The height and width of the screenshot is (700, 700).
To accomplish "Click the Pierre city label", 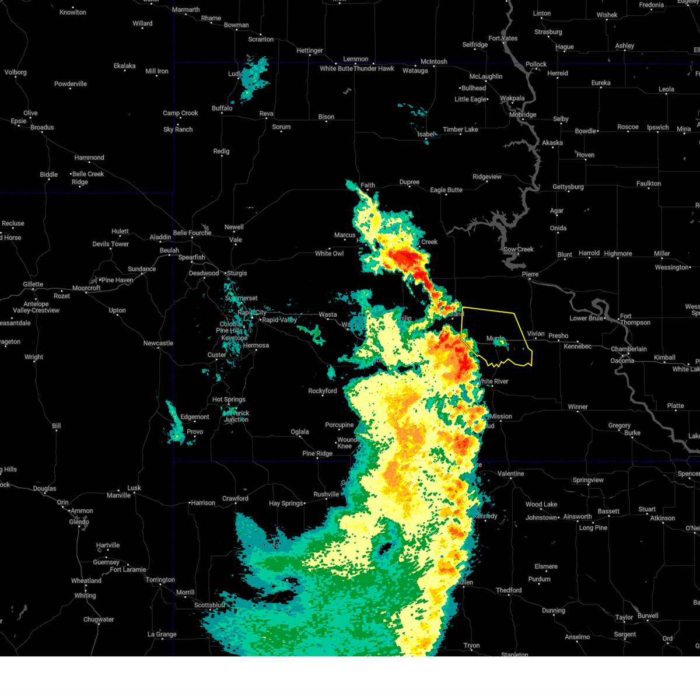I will coord(530,274).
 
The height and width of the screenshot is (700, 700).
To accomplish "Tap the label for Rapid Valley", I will coord(279,320).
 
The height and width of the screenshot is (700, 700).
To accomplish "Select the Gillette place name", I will coord(33,284).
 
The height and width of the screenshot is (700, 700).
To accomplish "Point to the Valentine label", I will coord(510,474).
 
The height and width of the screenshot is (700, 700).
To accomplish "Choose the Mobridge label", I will coord(523,114).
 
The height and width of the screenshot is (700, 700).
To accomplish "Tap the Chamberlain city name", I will coord(628,349).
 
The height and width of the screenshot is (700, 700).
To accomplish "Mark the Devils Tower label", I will coord(110,244).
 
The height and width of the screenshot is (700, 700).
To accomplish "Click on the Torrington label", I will coord(160,579).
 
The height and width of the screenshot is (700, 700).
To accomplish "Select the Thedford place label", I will coord(509,590).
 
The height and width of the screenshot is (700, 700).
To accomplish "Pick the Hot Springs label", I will coord(229,400).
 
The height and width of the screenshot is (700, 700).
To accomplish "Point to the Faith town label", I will coord(367,185).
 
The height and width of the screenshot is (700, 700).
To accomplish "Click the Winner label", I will coord(577,407).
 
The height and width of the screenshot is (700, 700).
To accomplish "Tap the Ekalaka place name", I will coord(124,66).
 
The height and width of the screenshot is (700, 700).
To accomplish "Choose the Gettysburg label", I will coord(568,187).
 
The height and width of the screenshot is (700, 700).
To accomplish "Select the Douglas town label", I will coord(44,488).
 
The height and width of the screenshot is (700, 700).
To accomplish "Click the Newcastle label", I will coord(158,343).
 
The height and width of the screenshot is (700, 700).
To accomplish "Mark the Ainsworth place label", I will coord(577,516).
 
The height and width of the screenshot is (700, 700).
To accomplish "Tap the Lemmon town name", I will coord(355,59).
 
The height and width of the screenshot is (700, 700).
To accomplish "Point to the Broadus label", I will coord(42,127).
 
